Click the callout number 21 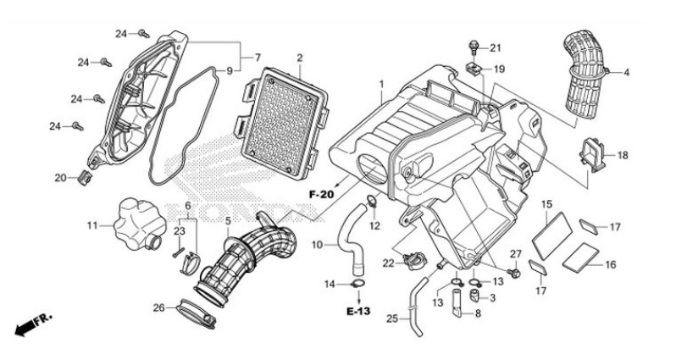[x=496, y=47]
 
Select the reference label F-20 [x=320, y=195]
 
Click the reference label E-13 [x=358, y=311]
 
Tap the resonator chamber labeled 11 [x=136, y=222]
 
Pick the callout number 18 [x=623, y=155]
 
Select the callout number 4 [x=627, y=73]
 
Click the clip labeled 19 [x=475, y=69]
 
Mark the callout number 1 [x=382, y=85]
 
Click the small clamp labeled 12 [x=370, y=202]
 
